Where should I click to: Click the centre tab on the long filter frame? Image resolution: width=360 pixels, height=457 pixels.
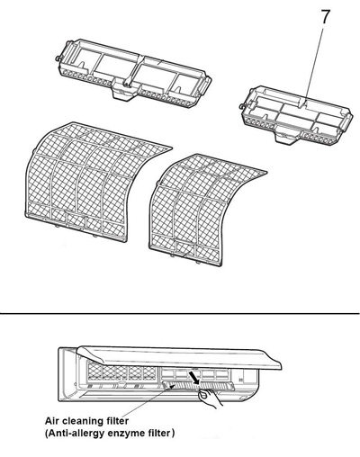[x=119, y=89]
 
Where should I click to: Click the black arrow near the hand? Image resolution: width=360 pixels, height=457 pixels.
[x=196, y=383]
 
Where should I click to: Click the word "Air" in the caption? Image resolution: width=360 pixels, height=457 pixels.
[x=55, y=420]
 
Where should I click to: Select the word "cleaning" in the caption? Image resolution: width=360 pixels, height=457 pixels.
[x=90, y=420]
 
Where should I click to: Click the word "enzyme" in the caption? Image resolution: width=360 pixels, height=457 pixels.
[x=132, y=433]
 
